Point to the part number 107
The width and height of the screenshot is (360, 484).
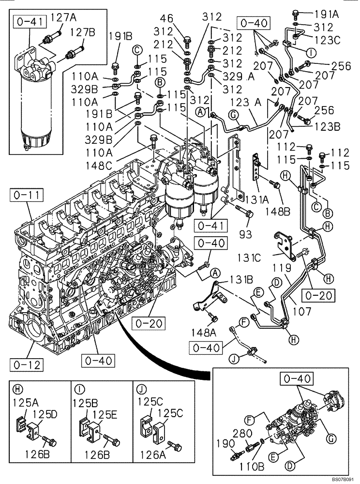302,313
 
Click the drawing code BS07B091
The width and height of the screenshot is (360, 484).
343,479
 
